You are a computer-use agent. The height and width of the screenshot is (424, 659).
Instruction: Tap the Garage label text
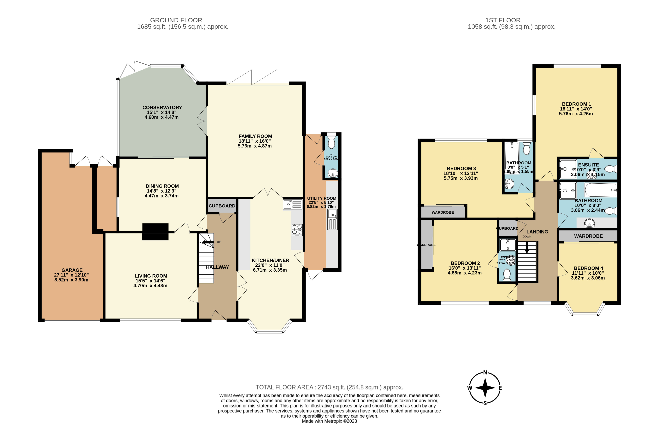(72, 270)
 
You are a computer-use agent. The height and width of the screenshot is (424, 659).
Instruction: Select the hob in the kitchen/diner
(297, 230)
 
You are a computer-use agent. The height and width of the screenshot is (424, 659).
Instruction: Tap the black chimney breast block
(155, 232)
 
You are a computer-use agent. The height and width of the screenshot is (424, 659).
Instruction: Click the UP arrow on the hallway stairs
(207, 242)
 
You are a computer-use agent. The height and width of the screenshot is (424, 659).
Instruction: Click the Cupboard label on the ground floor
(222, 206)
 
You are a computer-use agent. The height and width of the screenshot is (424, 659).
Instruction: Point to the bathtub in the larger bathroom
(600, 190)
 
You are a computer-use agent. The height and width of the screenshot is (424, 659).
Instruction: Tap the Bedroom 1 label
(576, 104)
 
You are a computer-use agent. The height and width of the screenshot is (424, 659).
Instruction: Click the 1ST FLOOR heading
(502, 20)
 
